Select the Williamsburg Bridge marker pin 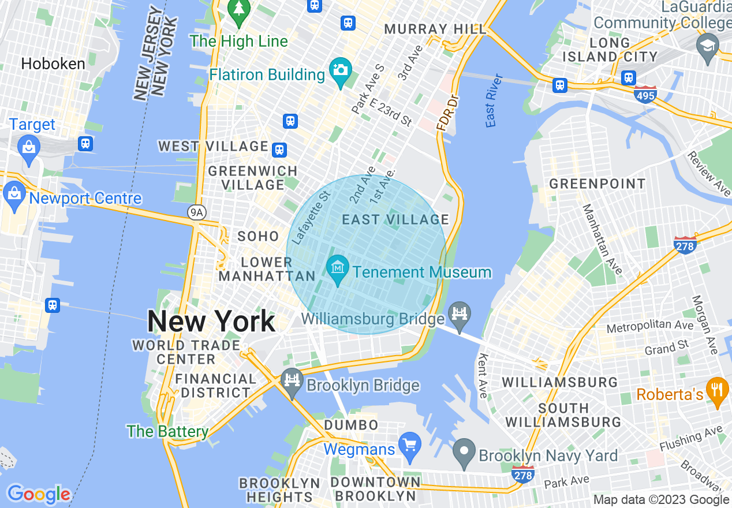point(460,315)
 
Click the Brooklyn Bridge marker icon point(292,382)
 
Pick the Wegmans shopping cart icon point(410,446)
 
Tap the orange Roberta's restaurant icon point(717,391)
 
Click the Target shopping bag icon point(28,147)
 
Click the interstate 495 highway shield point(645,95)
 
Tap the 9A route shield point(196,212)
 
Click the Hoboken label point(53,63)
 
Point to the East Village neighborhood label point(395,219)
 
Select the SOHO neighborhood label point(258,236)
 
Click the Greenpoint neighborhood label point(597,184)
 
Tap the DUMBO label point(351,425)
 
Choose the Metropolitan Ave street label point(650,327)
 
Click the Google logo point(39,494)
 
